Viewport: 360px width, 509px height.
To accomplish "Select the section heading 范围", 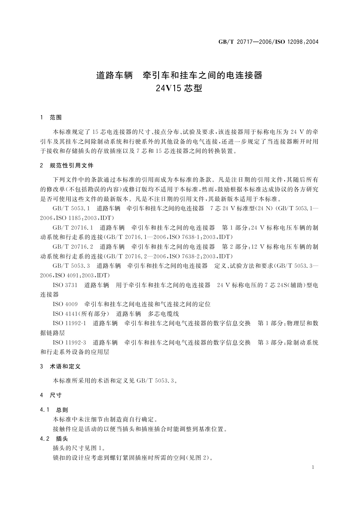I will point(56,118).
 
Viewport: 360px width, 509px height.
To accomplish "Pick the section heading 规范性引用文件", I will point(72,165).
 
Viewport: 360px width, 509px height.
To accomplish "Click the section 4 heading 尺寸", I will point(56,395).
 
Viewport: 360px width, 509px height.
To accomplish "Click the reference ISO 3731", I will point(65,285).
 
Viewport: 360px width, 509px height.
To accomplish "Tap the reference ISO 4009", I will point(65,304).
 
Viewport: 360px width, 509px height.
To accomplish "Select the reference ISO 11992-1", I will point(69,323).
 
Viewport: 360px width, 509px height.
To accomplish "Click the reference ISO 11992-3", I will point(69,342).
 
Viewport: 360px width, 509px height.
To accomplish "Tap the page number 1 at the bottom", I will point(313,467).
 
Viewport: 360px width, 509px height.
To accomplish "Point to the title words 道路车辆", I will point(115,75).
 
